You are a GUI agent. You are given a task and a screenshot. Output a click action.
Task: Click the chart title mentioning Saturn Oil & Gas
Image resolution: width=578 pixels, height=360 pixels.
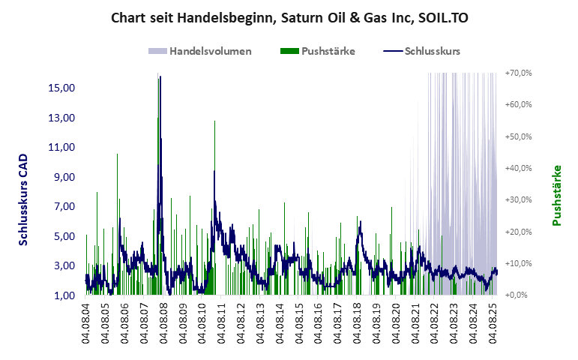(x=289, y=16)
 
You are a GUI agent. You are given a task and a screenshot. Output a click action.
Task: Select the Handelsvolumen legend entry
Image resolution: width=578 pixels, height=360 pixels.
(x=210, y=52)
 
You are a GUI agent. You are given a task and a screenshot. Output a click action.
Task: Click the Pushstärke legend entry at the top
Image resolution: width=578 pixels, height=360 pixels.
(x=328, y=52)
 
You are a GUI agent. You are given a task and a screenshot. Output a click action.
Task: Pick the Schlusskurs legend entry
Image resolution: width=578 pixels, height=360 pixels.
(x=432, y=52)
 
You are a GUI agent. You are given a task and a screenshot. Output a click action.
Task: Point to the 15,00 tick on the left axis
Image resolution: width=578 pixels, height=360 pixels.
(x=61, y=88)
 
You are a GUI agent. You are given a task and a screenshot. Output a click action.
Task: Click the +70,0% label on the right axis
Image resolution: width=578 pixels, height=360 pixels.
(x=518, y=73)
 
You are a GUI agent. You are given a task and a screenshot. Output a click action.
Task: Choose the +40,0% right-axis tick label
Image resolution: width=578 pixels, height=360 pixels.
(x=518, y=168)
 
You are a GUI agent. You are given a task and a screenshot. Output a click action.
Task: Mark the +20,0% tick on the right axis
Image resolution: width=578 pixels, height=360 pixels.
(x=518, y=232)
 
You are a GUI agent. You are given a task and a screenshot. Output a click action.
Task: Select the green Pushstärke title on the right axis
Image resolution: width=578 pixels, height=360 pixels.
(x=557, y=195)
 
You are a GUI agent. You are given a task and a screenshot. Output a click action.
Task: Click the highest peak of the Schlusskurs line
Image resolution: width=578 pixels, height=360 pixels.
(x=160, y=76)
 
